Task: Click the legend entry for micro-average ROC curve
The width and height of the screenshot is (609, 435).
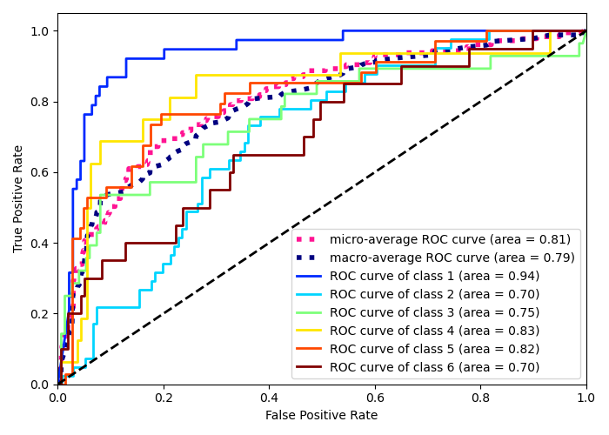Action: (x=451, y=239)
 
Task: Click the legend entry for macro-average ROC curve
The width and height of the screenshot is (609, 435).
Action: (x=452, y=258)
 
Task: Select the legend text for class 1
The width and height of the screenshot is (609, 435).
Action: (x=434, y=276)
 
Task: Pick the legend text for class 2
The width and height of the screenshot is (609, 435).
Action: (x=434, y=294)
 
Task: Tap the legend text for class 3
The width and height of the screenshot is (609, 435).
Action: (x=434, y=312)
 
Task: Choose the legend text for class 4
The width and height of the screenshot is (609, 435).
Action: (x=434, y=331)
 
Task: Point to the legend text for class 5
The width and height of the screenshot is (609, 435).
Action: (x=434, y=349)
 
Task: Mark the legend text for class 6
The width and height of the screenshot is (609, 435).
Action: (x=434, y=367)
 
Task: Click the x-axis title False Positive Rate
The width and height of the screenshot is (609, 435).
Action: (x=322, y=416)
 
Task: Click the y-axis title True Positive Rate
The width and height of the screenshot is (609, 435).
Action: (x=18, y=198)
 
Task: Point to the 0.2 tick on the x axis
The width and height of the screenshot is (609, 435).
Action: (x=164, y=398)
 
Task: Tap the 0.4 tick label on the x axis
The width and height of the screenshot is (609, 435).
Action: (x=269, y=398)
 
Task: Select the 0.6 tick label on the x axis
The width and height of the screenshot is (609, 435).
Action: (x=375, y=398)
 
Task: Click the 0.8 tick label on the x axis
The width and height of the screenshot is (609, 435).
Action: (x=480, y=398)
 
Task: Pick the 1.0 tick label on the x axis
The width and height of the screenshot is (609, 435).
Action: (x=586, y=398)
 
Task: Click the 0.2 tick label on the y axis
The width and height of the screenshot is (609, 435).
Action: (x=41, y=313)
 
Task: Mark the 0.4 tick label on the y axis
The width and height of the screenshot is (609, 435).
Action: (x=41, y=243)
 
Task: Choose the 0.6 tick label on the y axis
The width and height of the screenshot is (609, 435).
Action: (x=41, y=172)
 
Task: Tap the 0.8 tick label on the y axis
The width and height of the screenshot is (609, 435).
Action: (x=41, y=102)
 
